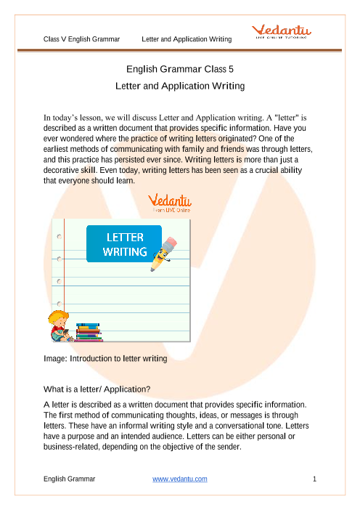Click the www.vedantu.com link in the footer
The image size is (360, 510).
point(180,479)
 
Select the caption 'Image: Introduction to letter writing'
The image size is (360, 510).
point(106,359)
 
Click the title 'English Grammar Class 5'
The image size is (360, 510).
point(179,70)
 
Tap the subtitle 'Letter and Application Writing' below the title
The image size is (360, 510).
point(179,86)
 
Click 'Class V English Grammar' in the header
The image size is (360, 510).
point(81,38)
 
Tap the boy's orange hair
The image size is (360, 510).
point(56,315)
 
